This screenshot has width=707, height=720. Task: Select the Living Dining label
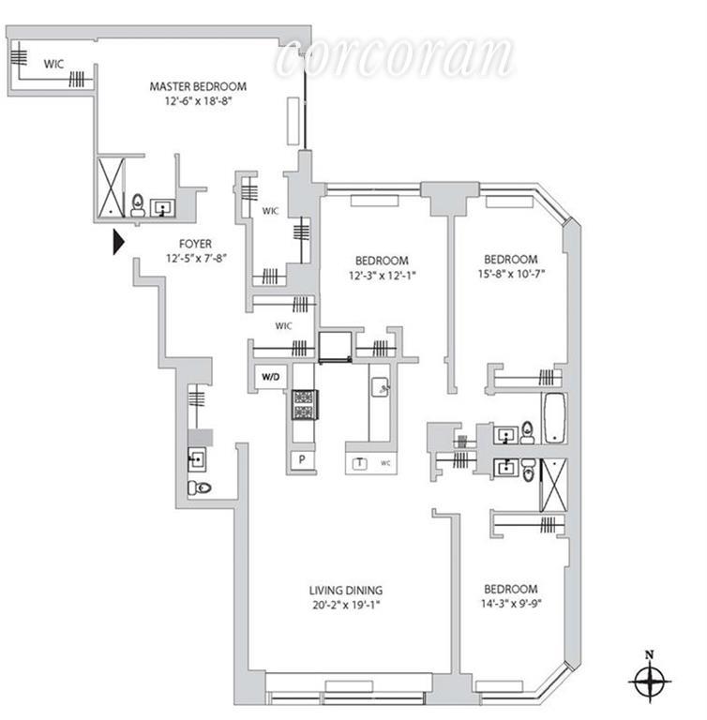click(x=346, y=590)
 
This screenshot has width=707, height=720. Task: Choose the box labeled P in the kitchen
click(x=303, y=459)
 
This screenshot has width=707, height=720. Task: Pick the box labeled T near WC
click(x=359, y=463)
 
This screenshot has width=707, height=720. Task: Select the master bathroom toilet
click(x=138, y=204)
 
